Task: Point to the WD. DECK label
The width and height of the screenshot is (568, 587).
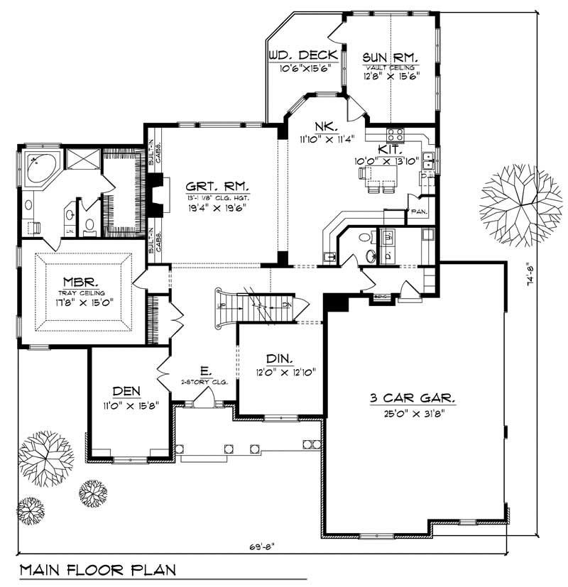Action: click(298, 55)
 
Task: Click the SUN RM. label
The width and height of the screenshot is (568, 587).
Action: click(390, 57)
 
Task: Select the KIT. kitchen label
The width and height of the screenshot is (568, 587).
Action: click(390, 150)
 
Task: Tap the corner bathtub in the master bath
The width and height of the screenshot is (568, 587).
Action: click(36, 167)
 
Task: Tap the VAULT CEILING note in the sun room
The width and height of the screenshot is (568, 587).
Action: click(390, 67)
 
